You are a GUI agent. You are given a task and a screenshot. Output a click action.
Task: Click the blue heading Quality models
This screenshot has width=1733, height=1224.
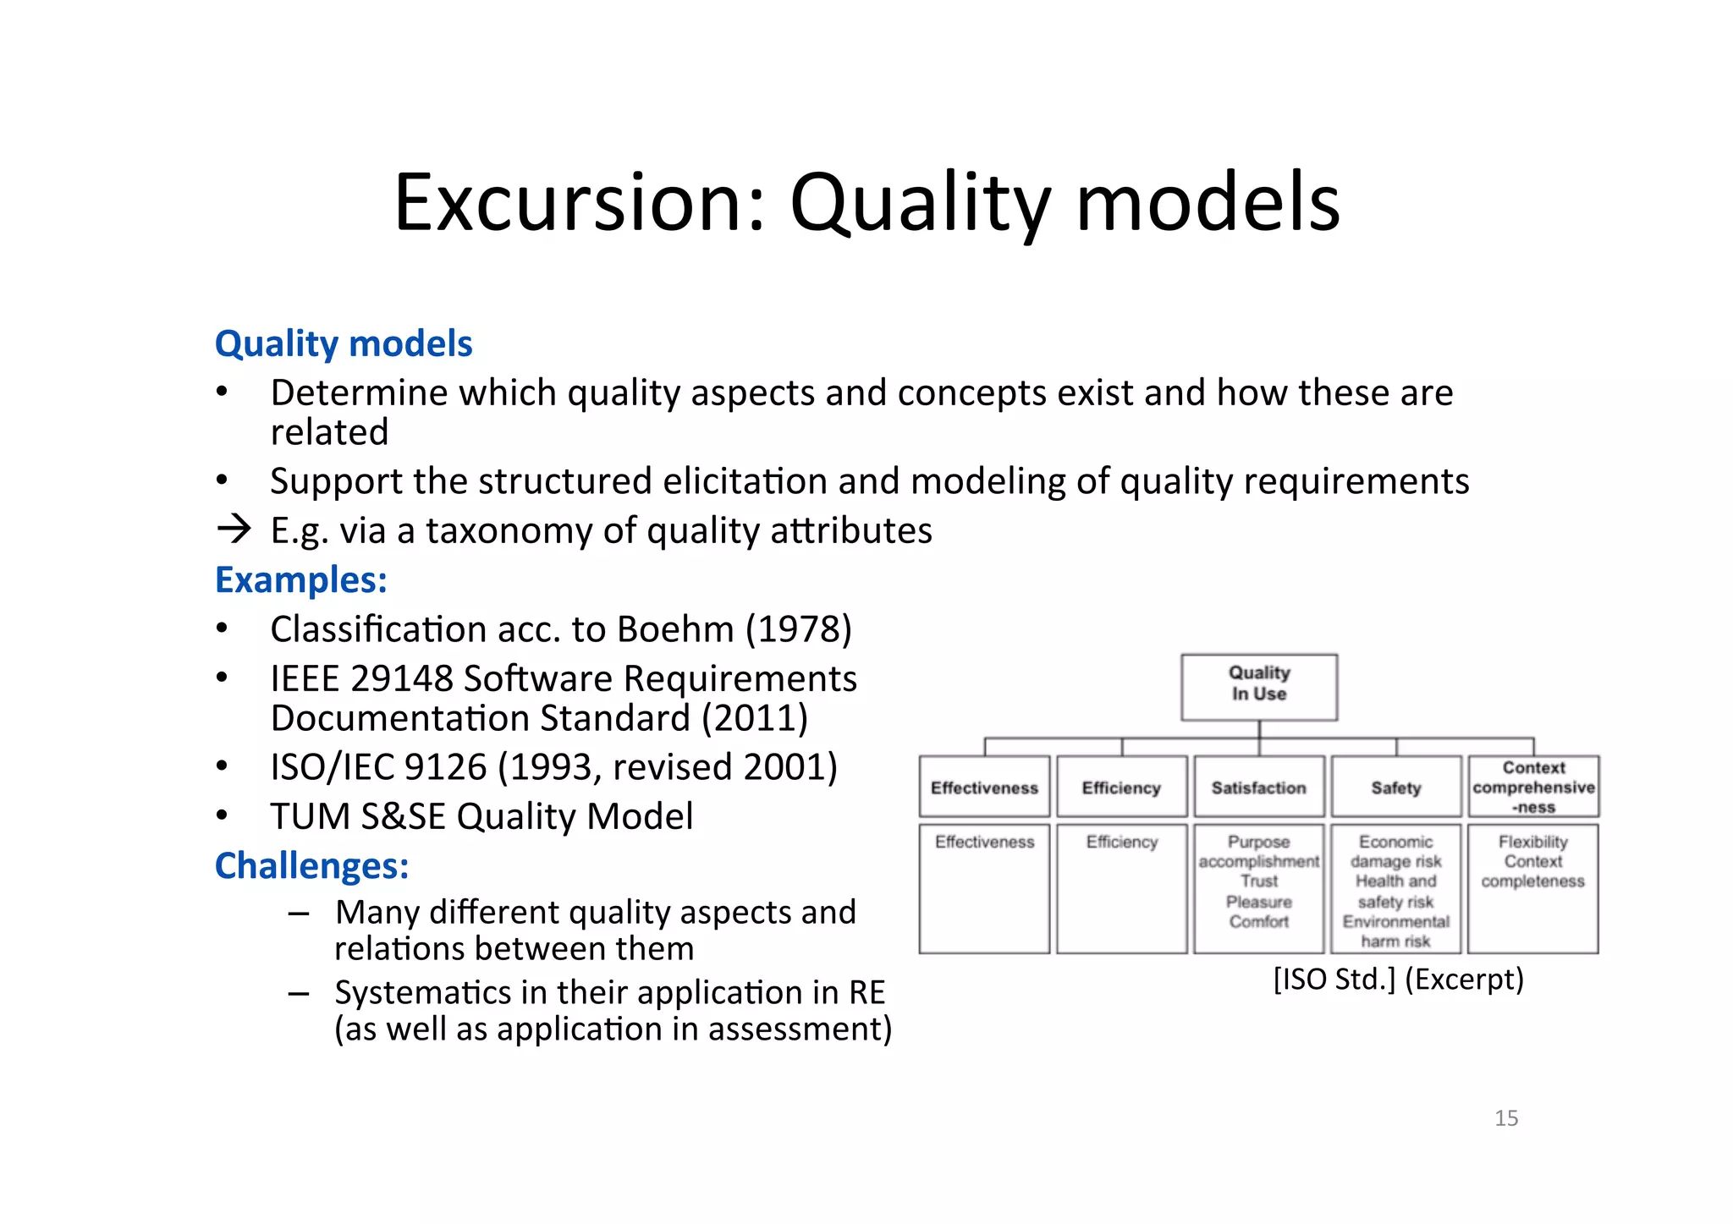[x=343, y=343]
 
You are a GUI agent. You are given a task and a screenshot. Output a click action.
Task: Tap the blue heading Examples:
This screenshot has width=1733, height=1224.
[x=300, y=580]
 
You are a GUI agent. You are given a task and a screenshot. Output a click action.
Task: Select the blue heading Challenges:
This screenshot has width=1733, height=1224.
[x=311, y=866]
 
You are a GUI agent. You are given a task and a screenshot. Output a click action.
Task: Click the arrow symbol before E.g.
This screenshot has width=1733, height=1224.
[x=234, y=530]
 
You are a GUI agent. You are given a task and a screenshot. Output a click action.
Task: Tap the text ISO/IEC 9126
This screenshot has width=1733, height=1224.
[x=377, y=767]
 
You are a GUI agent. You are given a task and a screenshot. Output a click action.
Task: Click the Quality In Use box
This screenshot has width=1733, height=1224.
[x=1258, y=686]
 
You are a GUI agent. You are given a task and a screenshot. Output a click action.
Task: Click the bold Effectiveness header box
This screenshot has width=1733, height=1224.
[x=984, y=788]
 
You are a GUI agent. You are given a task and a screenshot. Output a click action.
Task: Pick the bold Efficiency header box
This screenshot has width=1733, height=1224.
[x=1121, y=788]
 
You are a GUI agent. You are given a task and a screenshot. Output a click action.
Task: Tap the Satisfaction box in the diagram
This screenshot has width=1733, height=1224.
[x=1258, y=788]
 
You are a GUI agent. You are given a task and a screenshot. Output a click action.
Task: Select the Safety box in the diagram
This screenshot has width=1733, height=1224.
[x=1395, y=788]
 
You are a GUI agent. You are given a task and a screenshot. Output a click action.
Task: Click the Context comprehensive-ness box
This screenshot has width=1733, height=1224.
[x=1532, y=788]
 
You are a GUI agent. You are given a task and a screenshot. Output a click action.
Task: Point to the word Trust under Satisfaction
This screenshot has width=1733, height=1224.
[x=1258, y=881]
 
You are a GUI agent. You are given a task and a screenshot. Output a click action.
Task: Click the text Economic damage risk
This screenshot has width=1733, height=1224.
[x=1395, y=852]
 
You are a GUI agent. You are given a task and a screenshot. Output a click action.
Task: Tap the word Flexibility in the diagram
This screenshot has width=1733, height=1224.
[x=1532, y=843]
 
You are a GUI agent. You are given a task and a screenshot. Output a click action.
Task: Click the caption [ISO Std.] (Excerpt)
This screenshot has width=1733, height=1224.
[x=1398, y=980]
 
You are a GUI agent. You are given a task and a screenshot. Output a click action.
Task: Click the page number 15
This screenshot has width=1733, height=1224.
[x=1505, y=1118]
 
